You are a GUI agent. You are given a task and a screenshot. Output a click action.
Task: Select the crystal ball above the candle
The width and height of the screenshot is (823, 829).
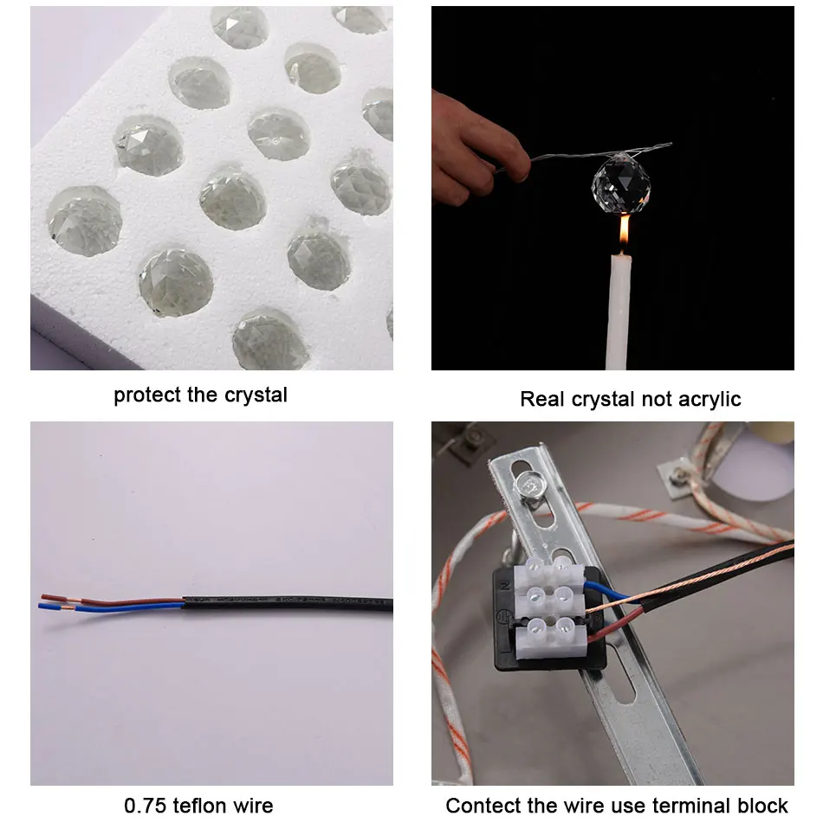(x=621, y=183)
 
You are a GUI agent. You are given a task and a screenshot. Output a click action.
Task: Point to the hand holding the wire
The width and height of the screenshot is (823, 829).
(x=476, y=148)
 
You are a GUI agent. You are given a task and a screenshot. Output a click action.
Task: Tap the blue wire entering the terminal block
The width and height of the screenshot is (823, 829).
(x=609, y=591)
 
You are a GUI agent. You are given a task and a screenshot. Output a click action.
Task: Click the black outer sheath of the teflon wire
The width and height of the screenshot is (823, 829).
(x=288, y=603)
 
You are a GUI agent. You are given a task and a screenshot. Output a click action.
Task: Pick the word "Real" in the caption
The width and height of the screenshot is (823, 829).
(x=541, y=399)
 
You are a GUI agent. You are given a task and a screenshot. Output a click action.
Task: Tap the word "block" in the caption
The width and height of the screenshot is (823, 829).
(x=762, y=806)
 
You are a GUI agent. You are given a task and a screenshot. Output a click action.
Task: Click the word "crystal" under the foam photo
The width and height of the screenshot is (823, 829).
(x=256, y=395)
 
